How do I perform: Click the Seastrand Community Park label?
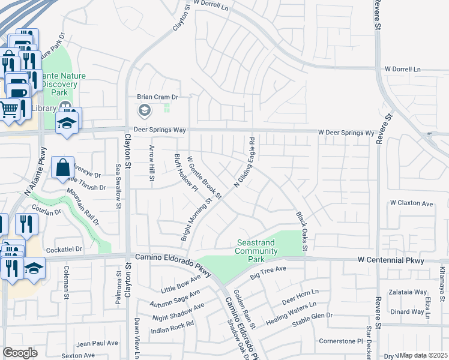[x=256, y=251]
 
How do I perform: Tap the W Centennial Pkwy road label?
[x=391, y=260]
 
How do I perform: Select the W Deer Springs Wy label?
[x=346, y=132]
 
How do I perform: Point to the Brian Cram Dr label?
[x=158, y=97]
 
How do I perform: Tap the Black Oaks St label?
[x=301, y=231]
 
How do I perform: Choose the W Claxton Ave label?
[x=411, y=204]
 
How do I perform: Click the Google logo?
[x=20, y=353]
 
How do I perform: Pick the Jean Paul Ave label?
[x=97, y=343]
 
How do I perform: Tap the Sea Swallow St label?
[x=118, y=187]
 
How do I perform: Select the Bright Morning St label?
[x=197, y=221]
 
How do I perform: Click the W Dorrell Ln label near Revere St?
[x=403, y=69]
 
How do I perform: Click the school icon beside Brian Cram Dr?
[x=144, y=110]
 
